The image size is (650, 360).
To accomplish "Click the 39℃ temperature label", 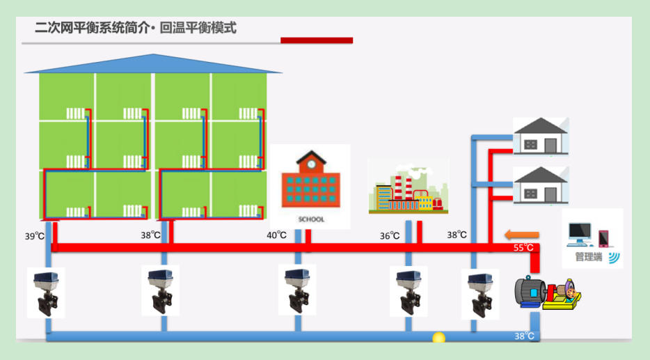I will (35, 236).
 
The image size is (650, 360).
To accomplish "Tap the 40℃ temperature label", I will (276, 235).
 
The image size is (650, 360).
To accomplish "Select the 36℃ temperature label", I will (390, 236).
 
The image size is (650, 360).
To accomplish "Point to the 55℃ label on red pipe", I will (523, 248).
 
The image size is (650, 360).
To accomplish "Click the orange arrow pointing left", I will (522, 234).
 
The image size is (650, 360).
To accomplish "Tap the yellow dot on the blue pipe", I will (438, 338).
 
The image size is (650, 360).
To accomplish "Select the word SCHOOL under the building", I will (310, 219).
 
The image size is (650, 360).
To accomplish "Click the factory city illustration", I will (409, 187).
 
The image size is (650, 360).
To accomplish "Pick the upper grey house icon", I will (541, 136).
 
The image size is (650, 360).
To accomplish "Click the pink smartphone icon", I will (603, 238).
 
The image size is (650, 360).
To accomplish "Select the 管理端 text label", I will (589, 257).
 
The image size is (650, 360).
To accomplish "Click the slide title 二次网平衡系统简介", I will (87, 29).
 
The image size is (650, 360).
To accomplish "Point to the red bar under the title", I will (317, 40).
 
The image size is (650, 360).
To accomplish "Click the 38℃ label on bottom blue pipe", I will (524, 336).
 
